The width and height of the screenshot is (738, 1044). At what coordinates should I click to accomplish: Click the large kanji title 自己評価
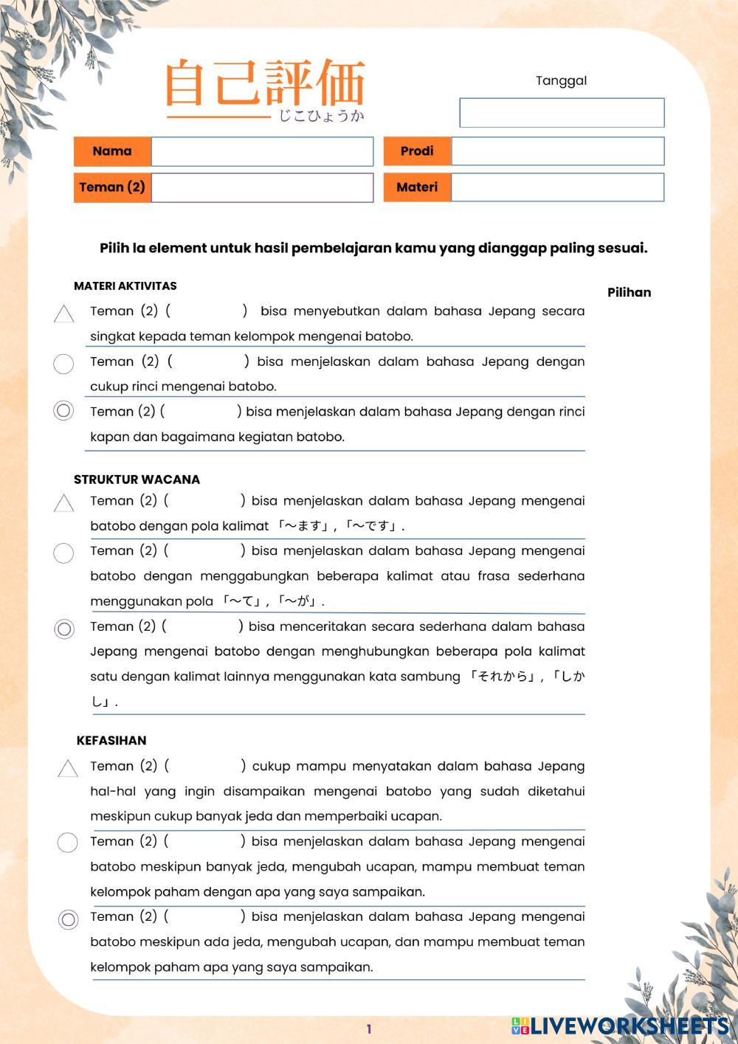(x=264, y=83)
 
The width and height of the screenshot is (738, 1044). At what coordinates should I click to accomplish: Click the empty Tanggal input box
(x=562, y=113)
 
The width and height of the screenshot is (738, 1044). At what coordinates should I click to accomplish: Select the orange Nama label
(x=112, y=151)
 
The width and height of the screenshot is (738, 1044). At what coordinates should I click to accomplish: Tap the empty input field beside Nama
(x=262, y=151)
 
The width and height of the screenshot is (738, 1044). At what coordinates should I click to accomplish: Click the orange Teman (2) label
(x=112, y=187)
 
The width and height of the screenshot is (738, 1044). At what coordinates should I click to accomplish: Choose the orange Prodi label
(x=417, y=151)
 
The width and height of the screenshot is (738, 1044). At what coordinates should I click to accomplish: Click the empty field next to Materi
(x=557, y=187)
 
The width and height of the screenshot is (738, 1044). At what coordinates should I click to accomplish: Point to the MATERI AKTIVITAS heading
(x=125, y=286)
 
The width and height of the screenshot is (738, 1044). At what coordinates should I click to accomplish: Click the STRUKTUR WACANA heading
(x=137, y=480)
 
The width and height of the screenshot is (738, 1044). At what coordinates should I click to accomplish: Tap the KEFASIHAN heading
(x=111, y=741)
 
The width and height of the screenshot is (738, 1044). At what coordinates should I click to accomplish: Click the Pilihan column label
(x=629, y=293)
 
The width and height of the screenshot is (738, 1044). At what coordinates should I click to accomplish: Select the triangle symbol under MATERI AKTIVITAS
(x=64, y=314)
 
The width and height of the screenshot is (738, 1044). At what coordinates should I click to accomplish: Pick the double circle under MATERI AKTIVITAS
(x=64, y=411)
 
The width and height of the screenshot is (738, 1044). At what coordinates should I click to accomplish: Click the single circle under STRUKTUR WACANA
(x=64, y=553)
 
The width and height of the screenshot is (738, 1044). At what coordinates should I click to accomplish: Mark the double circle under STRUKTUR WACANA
(x=64, y=629)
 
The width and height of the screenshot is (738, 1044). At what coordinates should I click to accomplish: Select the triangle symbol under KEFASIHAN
(x=68, y=769)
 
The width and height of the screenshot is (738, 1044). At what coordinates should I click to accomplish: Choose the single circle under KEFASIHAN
(x=67, y=843)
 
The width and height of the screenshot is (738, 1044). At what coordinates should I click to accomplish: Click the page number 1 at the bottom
(x=369, y=1029)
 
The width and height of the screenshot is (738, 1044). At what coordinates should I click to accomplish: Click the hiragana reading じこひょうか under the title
(x=321, y=117)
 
